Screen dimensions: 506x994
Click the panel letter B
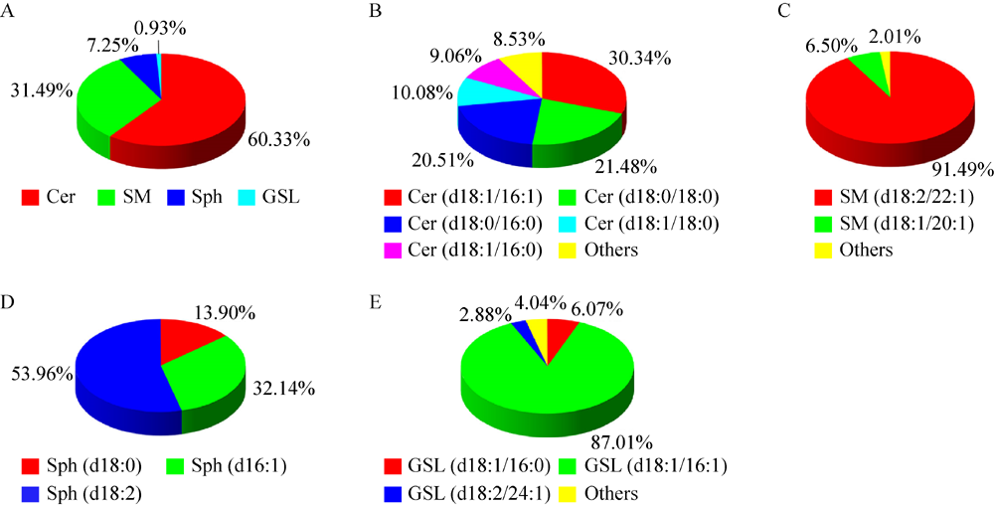coord(375,11)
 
